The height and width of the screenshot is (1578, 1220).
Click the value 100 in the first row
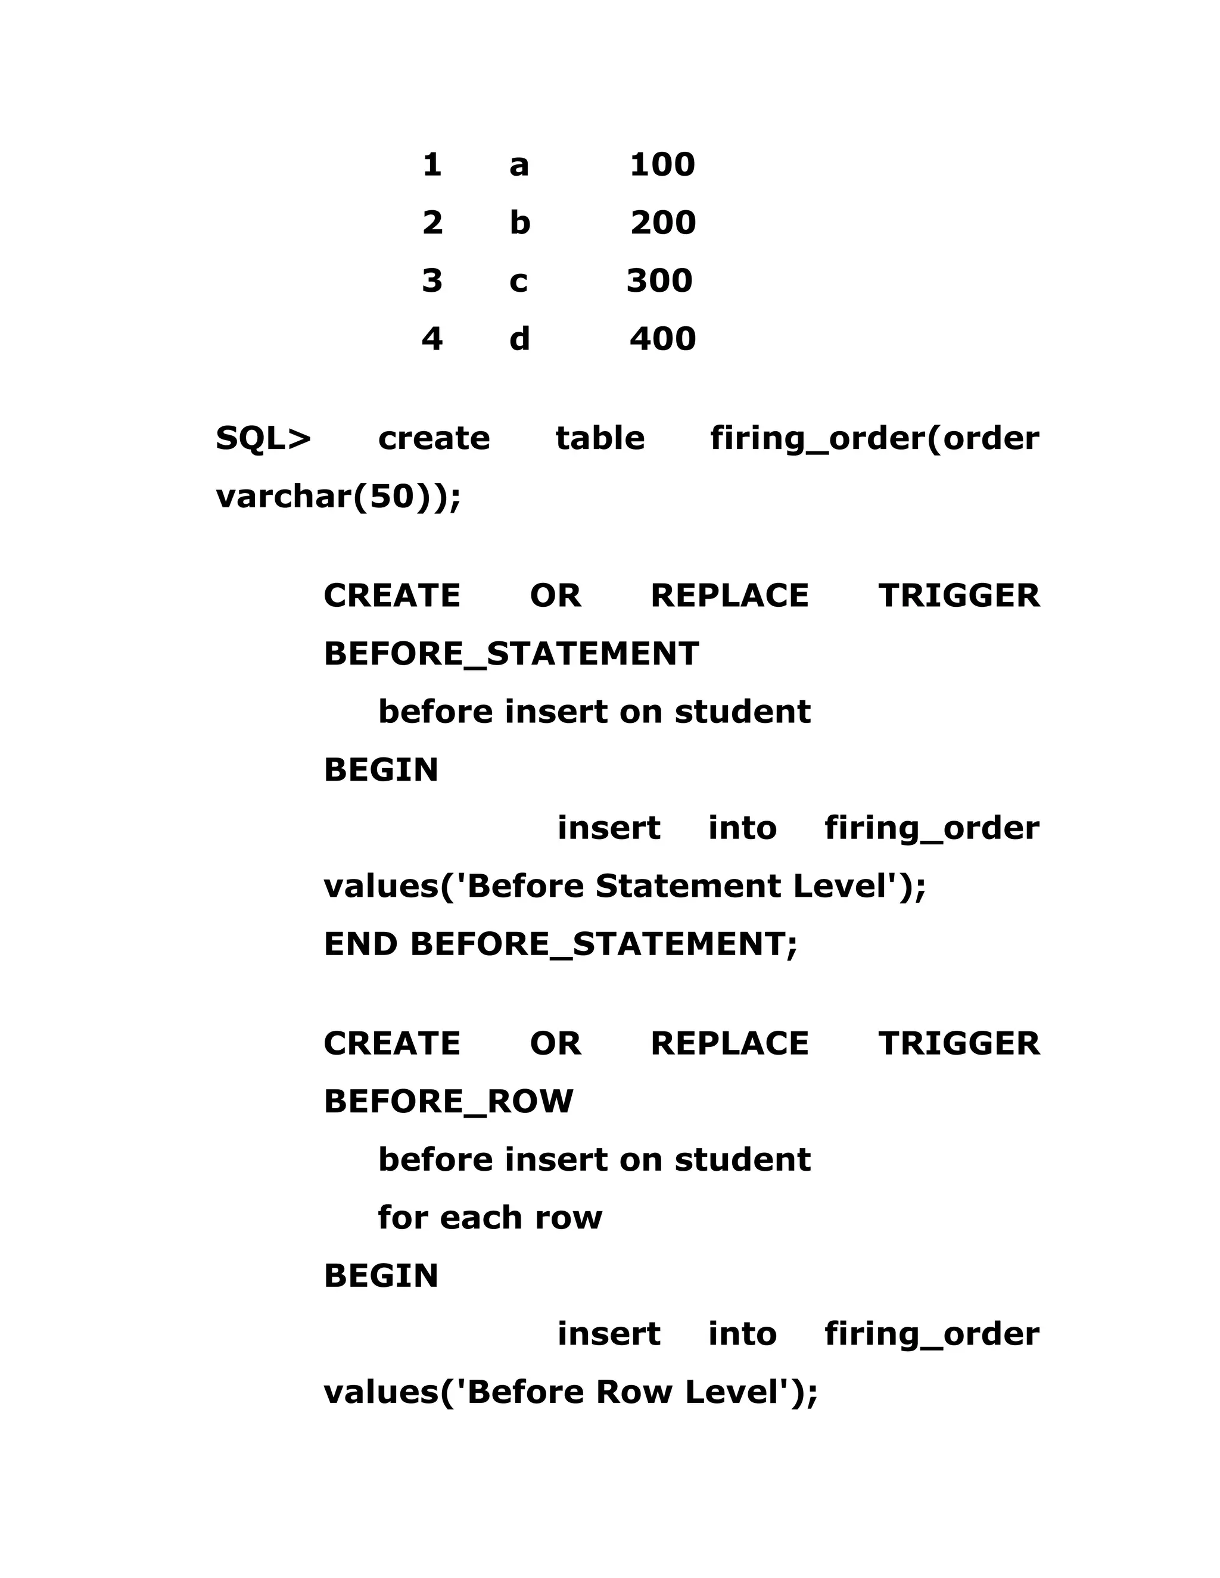(662, 165)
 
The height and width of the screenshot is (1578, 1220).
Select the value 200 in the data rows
(663, 223)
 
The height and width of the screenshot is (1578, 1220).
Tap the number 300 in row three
(659, 280)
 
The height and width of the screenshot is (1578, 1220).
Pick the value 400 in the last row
(663, 339)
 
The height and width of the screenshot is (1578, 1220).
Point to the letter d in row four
(519, 339)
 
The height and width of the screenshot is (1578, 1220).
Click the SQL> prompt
(263, 439)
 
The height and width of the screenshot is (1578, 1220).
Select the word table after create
(600, 439)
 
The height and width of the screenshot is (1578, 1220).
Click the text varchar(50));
(338, 497)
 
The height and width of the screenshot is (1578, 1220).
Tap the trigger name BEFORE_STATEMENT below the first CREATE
(511, 654)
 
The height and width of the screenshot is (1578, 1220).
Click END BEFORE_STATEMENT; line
(560, 944)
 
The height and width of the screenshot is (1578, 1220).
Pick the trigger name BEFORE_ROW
(448, 1102)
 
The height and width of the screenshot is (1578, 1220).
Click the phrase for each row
(489, 1218)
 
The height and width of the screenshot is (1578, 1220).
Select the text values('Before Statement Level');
(624, 887)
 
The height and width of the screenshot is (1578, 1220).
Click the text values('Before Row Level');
(570, 1393)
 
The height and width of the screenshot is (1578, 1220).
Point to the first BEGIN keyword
(381, 770)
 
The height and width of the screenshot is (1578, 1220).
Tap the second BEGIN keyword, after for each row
(381, 1276)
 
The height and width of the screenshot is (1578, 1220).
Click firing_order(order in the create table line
(874, 439)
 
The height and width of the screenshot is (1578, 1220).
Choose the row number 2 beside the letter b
(432, 223)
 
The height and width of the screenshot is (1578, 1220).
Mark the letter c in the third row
(518, 282)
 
